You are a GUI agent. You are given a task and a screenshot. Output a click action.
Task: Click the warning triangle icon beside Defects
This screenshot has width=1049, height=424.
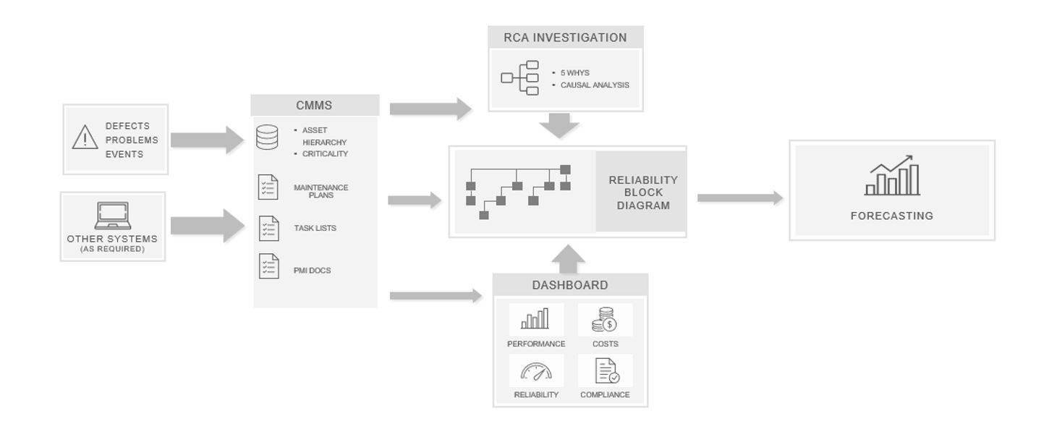(x=85, y=137)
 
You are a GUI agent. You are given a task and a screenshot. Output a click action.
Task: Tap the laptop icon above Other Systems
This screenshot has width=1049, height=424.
(x=112, y=216)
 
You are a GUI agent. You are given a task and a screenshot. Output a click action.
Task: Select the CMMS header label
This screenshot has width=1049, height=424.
(x=314, y=106)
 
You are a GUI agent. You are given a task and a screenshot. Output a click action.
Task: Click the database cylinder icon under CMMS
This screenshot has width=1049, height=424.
(x=267, y=137)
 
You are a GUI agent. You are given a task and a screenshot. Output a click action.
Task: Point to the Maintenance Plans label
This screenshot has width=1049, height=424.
(x=320, y=191)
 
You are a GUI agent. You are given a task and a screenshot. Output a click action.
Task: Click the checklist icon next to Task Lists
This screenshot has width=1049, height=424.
(x=268, y=229)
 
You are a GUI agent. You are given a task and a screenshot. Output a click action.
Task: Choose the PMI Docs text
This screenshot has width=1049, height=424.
(x=312, y=271)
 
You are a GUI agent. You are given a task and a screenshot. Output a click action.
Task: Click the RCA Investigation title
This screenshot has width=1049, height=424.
(x=565, y=38)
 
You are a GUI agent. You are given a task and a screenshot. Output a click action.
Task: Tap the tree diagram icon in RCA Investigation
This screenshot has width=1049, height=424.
(x=520, y=78)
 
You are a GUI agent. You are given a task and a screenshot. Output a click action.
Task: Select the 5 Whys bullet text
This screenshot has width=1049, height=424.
(x=574, y=73)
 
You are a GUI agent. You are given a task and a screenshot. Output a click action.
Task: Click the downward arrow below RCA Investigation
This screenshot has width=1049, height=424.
(x=559, y=126)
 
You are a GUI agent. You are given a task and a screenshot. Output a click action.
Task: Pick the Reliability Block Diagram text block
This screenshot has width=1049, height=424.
(x=642, y=192)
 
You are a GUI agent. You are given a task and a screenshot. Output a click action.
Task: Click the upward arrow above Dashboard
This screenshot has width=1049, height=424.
(x=572, y=258)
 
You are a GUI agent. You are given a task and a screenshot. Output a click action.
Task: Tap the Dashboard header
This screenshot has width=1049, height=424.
(x=570, y=285)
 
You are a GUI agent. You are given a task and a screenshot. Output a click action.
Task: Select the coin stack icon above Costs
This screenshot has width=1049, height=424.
(x=604, y=320)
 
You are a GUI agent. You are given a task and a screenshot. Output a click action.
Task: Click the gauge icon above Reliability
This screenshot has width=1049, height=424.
(x=536, y=372)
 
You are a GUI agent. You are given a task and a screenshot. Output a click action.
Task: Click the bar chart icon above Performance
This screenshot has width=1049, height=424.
(x=535, y=320)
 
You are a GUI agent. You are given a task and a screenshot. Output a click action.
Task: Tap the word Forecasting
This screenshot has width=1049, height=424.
(x=891, y=216)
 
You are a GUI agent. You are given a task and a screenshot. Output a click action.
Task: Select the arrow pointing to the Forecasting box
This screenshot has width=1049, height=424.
(x=739, y=198)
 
